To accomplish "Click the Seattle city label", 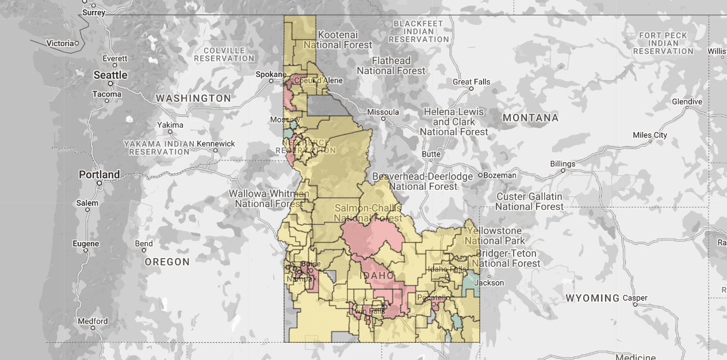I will point(110,75).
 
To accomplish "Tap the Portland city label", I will point(100,174).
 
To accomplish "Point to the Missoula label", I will point(382,112).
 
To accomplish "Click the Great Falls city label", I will point(472,82).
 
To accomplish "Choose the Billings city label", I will point(563,164).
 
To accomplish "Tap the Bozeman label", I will point(500,175).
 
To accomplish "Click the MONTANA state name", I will point(530,118).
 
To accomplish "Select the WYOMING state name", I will point(592,298).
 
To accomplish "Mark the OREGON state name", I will point(167,262).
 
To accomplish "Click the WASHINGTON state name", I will point(193,98).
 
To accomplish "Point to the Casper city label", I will point(635,298).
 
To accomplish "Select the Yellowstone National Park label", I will point(495,236).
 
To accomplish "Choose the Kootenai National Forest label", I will point(338,40).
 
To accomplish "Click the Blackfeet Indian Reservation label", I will point(418,31).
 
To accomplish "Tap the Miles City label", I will point(649,135).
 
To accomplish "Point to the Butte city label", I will point(431,154).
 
